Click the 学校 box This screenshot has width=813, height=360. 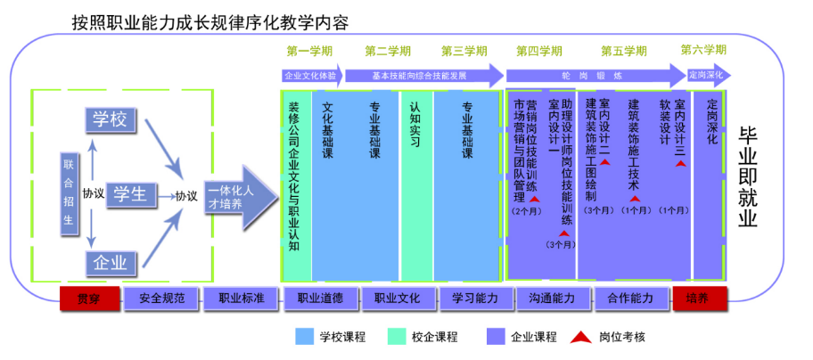pos(111,119)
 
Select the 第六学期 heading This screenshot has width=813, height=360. pos(703,50)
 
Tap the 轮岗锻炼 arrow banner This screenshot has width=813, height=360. pos(593,76)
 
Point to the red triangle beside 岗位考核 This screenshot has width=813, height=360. pos(582,337)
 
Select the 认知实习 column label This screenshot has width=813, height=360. pos(415,124)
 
